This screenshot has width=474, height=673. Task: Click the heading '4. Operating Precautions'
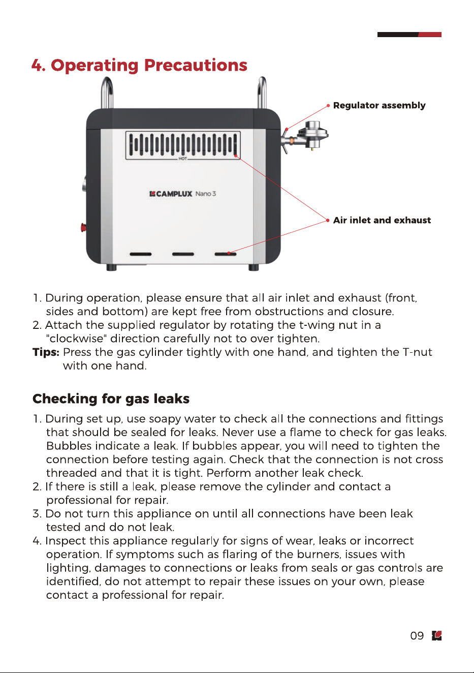[x=139, y=65]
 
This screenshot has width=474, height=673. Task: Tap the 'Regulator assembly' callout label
[x=379, y=105]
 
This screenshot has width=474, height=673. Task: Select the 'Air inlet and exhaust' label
[x=382, y=220]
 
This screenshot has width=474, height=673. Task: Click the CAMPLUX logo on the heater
[x=171, y=194]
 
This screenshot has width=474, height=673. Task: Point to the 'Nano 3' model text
[x=206, y=194]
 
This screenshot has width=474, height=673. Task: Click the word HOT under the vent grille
[x=182, y=158]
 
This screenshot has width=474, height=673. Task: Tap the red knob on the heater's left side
[x=83, y=227]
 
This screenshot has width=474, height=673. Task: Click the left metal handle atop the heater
[x=107, y=92]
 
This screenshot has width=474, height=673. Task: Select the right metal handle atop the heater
[x=262, y=92]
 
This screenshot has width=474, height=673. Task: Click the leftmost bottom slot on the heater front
[x=141, y=254]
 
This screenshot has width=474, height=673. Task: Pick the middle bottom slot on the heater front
[x=183, y=254]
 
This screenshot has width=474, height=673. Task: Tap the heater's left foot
[x=111, y=267]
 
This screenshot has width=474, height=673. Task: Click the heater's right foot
[x=254, y=267]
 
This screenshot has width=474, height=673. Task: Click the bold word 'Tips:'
[x=46, y=352]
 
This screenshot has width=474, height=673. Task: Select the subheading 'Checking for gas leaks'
[x=111, y=399]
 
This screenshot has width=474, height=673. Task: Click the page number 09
[x=417, y=636]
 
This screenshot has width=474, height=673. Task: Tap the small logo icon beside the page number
[x=437, y=635]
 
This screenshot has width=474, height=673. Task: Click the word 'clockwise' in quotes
[x=77, y=339]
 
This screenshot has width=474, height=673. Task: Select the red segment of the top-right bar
[x=430, y=35]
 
